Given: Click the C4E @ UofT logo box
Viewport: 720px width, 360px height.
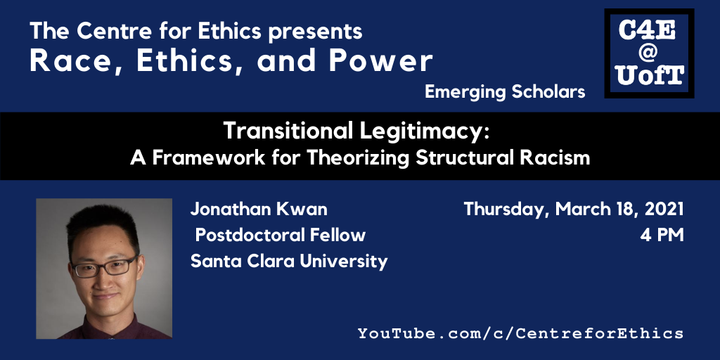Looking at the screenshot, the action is coord(649,53).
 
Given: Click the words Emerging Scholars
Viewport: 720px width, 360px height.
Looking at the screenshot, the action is coord(505,92).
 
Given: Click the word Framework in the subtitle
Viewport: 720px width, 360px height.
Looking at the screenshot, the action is coord(209,158).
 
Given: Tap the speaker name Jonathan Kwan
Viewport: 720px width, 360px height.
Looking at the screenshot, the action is coord(259,210).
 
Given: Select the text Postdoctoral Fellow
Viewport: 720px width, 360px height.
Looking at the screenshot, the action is coord(281,235).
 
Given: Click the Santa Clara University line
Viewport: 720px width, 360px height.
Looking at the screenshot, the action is coord(289,262).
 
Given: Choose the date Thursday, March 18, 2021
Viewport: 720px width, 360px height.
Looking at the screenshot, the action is coord(574,210).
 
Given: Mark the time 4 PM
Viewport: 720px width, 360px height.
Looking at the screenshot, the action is coord(662,235).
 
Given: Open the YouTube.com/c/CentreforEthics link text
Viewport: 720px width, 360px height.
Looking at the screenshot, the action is coord(521,333).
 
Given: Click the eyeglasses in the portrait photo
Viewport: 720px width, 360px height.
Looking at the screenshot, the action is coord(104,266).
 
